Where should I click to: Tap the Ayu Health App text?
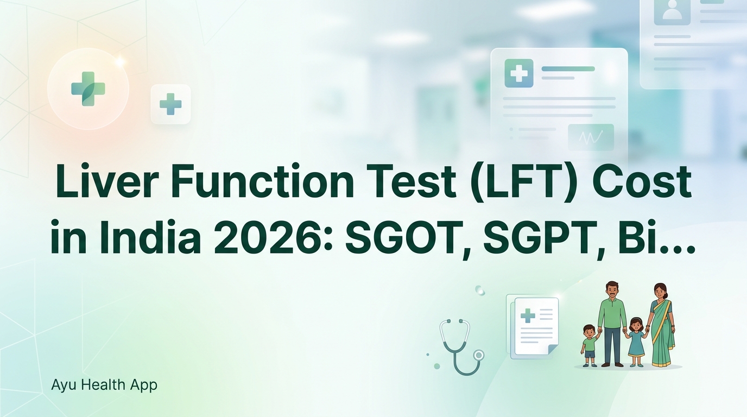[x=104, y=385]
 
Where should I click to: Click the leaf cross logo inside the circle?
[x=88, y=88]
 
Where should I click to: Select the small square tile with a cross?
[x=170, y=104]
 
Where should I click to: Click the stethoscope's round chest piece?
[x=478, y=355]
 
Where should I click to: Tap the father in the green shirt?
[x=612, y=323]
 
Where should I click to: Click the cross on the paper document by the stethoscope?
[x=528, y=315]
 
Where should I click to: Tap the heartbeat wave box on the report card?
[x=591, y=137]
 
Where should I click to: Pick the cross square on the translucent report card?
[x=519, y=73]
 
